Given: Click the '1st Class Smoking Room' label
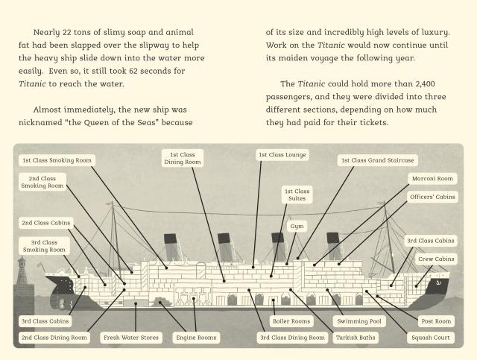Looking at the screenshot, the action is click(x=57, y=160).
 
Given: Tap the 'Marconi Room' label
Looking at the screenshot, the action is click(x=432, y=179).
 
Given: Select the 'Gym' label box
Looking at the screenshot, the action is click(x=297, y=226).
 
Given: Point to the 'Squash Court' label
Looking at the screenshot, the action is click(x=431, y=338).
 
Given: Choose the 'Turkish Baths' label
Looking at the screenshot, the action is click(x=356, y=338).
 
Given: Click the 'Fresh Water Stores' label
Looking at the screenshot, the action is click(x=131, y=338).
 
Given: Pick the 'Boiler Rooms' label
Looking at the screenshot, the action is click(x=291, y=321).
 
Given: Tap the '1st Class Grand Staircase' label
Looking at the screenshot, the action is click(x=378, y=160).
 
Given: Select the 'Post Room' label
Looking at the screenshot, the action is click(x=436, y=321).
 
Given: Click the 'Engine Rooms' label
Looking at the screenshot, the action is click(x=196, y=338).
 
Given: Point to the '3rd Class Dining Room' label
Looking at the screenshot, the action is click(x=292, y=338).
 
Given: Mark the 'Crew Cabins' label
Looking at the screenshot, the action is click(x=436, y=259).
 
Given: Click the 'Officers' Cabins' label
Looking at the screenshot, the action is click(x=432, y=197).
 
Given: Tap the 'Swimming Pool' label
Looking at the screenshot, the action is click(x=359, y=321).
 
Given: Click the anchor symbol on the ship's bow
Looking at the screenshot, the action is click(x=438, y=283).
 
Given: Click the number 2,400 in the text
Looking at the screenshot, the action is click(x=425, y=83).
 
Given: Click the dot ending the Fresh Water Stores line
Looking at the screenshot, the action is click(x=136, y=303).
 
